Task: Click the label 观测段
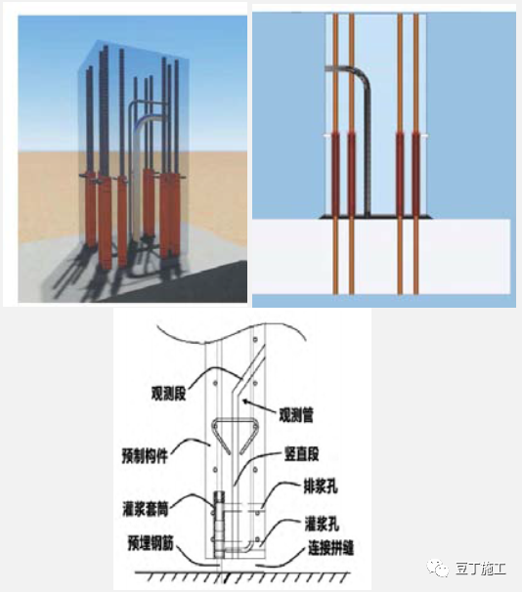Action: (168, 394)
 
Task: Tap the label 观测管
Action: (296, 415)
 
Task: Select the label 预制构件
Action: (145, 455)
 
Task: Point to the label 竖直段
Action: (301, 454)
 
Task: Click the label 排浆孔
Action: (321, 486)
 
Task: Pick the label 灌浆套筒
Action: (146, 509)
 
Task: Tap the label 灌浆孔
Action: (322, 524)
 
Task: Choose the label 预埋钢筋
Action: (151, 544)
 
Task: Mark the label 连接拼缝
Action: (330, 548)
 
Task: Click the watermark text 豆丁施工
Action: (480, 569)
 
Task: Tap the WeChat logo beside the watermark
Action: (438, 569)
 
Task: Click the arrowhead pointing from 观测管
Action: (246, 402)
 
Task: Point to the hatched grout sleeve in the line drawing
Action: (219, 524)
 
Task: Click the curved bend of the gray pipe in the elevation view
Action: (362, 74)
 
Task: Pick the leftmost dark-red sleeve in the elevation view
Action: (335, 175)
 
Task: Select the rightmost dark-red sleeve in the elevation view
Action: (416, 175)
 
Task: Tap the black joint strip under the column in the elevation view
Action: (375, 217)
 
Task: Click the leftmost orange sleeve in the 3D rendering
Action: (90, 211)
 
